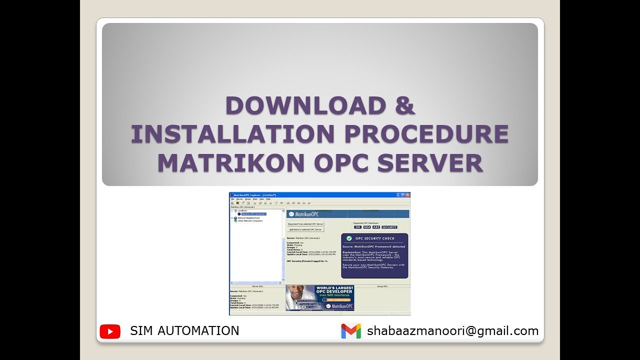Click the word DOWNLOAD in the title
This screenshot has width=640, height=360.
305,105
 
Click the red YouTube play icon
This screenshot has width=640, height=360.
110,331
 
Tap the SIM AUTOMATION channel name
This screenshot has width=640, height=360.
184,330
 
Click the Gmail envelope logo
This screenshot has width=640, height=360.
351,331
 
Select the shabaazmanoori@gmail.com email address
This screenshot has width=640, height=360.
452,330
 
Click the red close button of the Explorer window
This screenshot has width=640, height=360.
407,194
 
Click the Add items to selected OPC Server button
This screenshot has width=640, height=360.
305,229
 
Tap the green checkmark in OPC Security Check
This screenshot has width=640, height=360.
349,238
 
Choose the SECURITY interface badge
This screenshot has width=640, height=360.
389,227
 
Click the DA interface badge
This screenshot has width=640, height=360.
357,227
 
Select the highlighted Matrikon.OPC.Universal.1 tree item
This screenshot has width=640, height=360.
253,214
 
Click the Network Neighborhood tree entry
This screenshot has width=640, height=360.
248,218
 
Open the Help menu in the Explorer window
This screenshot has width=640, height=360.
268,199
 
